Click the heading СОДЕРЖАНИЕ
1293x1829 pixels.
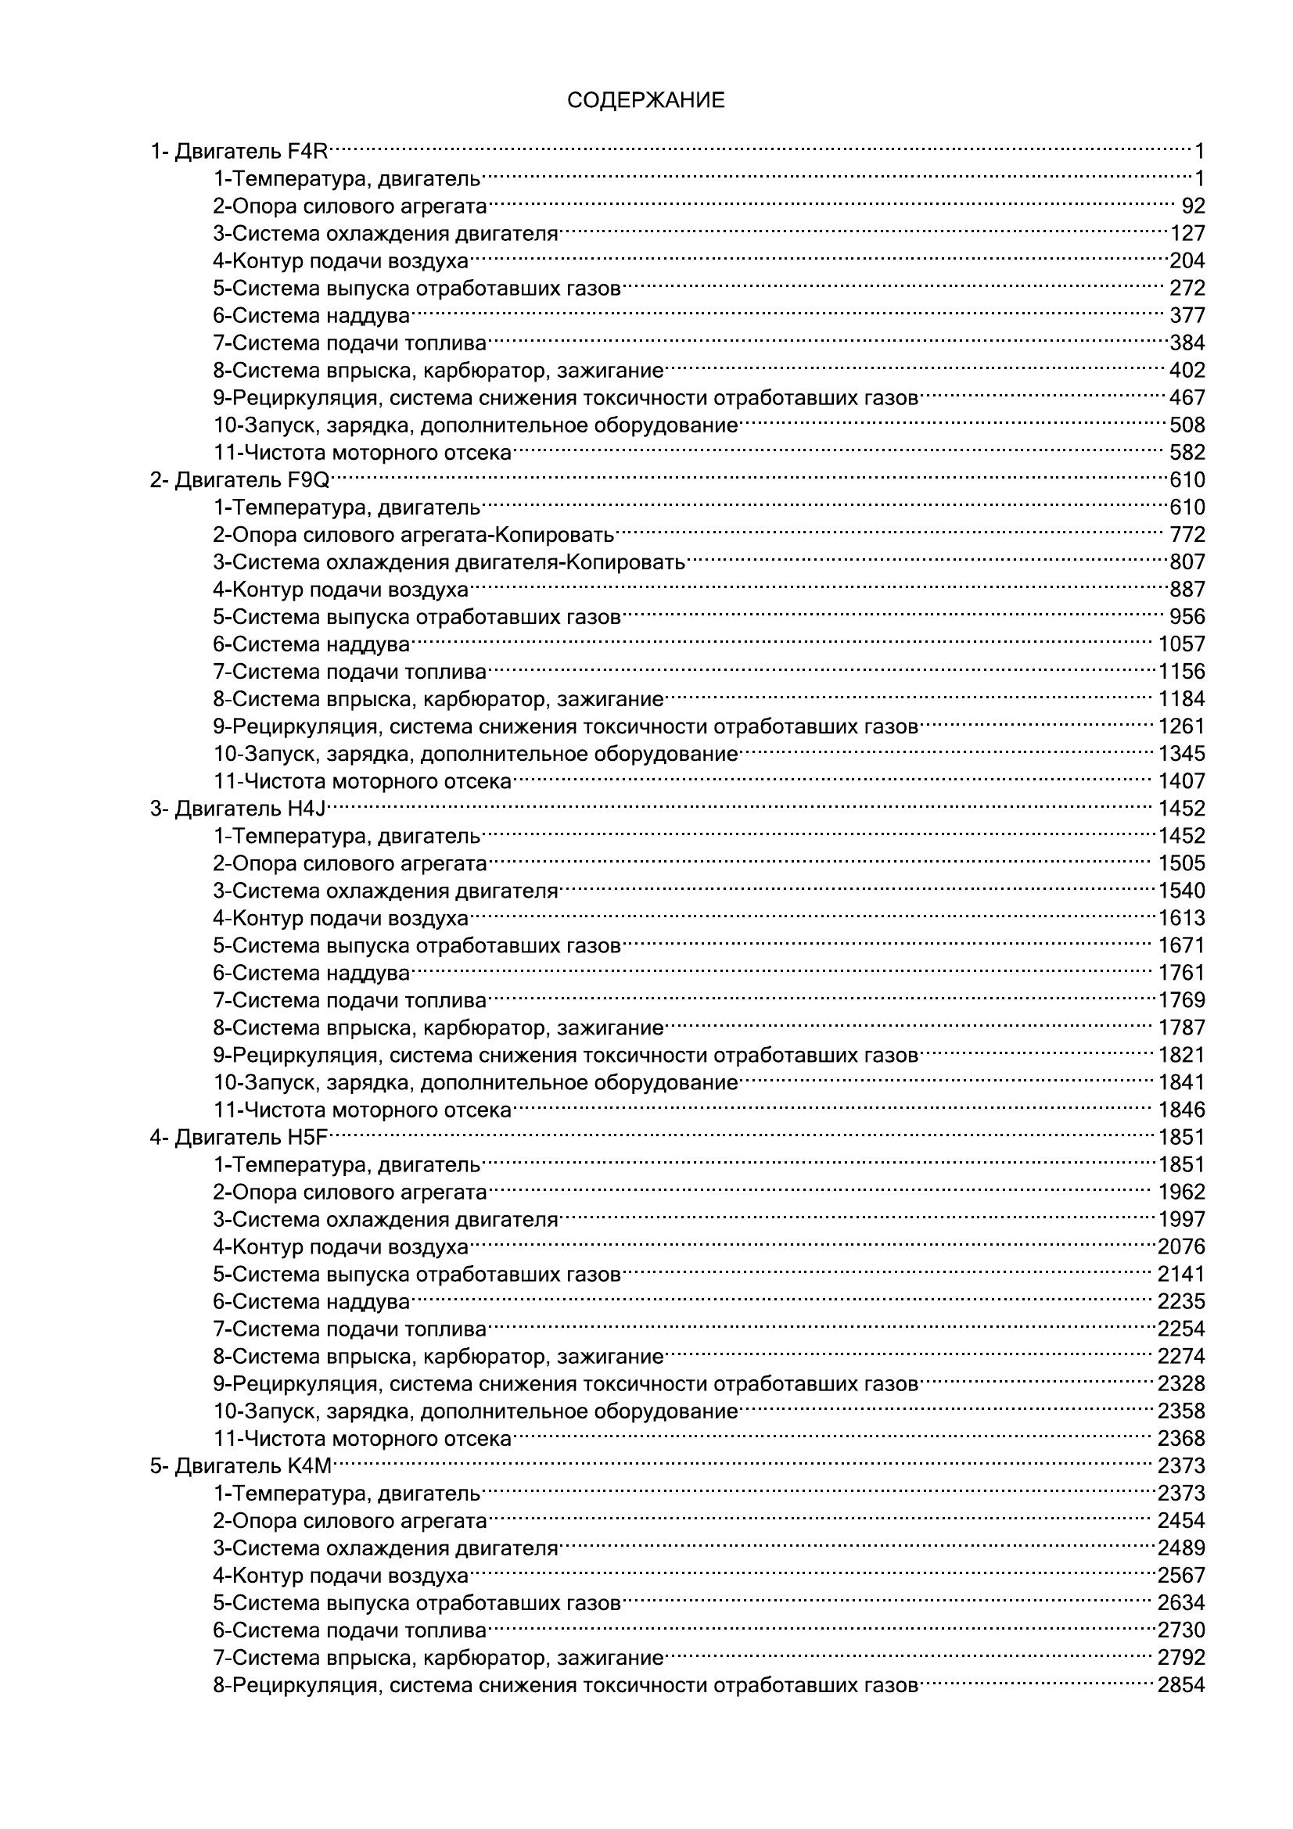645,100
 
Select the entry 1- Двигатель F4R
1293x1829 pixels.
239,152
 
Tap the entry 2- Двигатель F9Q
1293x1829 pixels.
239,480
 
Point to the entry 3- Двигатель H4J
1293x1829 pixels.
239,809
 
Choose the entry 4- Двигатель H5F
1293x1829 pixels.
239,1138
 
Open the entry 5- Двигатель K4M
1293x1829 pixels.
240,1466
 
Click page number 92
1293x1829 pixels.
1193,206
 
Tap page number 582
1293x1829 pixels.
1187,454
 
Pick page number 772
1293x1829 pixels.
1187,536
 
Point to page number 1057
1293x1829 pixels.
1181,644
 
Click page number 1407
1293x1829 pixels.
1181,781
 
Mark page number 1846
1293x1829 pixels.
1181,1110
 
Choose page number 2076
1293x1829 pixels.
1181,1247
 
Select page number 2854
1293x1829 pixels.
1181,1686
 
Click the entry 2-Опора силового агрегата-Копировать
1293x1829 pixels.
414,536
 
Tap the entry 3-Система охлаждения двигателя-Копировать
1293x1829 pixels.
448,562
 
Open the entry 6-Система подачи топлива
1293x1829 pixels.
349,1630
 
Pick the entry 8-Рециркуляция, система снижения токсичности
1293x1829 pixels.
566,1686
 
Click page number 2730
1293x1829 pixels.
1181,1630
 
